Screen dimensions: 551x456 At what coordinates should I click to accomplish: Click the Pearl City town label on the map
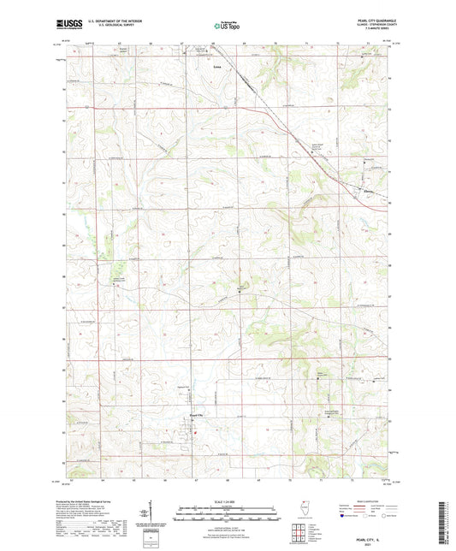pos(197,417)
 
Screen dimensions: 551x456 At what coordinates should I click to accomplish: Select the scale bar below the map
pos(228,516)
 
